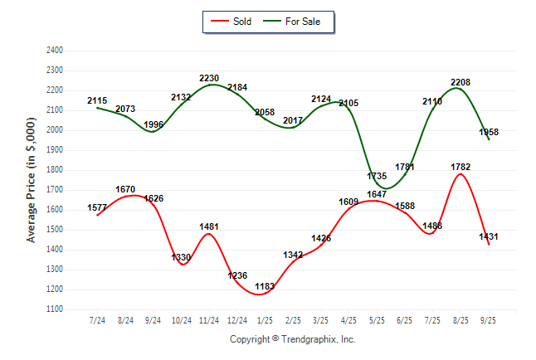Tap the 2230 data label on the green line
(209, 79)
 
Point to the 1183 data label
(266, 286)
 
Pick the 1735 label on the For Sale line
(376, 177)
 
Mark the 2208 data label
(460, 82)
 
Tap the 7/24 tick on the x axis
(97, 319)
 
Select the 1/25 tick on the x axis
(265, 319)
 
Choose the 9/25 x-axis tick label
(489, 319)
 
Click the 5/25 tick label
(377, 319)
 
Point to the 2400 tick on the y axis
(55, 51)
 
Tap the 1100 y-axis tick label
(55, 309)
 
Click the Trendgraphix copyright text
(292, 339)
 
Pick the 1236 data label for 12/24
(237, 275)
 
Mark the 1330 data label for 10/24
(181, 257)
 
